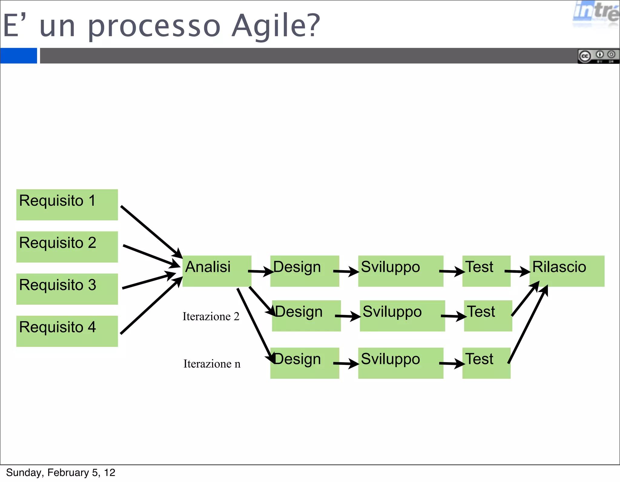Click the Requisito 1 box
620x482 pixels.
[x=67, y=205]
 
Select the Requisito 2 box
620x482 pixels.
[x=67, y=247]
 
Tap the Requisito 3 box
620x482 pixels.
[x=67, y=289]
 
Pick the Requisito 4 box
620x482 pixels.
[x=67, y=331]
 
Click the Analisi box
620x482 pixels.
[x=217, y=271]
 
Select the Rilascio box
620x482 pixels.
[x=566, y=271]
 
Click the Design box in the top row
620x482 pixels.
[x=305, y=271]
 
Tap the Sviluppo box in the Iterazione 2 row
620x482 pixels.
[x=402, y=316]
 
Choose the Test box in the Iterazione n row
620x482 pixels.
[x=486, y=363]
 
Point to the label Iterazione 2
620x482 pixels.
[x=211, y=316]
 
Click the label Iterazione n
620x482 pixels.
[x=212, y=364]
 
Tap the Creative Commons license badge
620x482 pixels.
[x=598, y=56]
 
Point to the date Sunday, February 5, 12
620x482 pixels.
[x=61, y=472]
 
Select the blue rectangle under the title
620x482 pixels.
[x=18, y=56]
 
